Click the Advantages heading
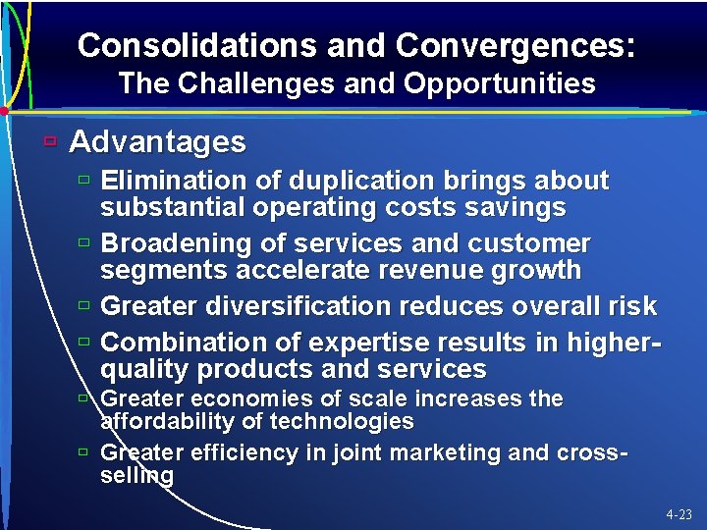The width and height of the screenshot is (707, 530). (158, 142)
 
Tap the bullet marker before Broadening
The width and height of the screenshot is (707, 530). (85, 241)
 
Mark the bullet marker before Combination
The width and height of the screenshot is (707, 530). (85, 342)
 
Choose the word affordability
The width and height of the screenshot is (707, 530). (168, 422)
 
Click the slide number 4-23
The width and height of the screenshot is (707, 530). (678, 514)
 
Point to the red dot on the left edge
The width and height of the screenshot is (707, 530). (4, 111)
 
